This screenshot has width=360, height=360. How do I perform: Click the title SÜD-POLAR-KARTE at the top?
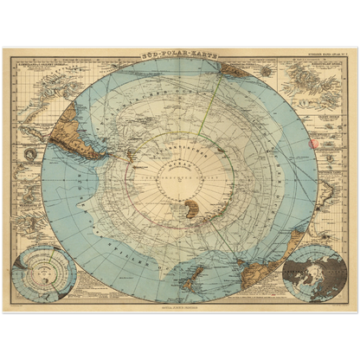(x=179, y=54)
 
